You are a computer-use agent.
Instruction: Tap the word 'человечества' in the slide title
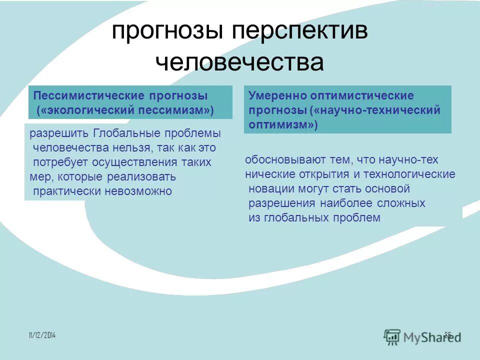[239, 63]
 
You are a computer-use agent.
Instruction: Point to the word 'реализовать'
[144, 177]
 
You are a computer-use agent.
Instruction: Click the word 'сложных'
[401, 203]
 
